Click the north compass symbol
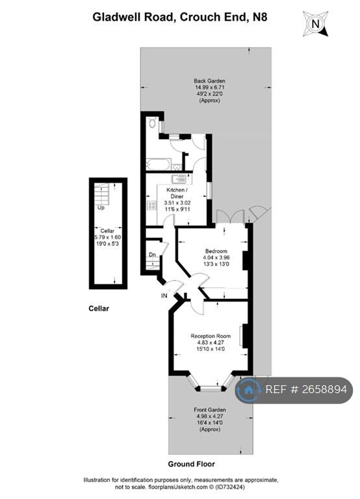[x=316, y=24]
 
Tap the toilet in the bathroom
[x=152, y=122]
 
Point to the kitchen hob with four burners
[x=152, y=205]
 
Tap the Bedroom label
[x=216, y=251]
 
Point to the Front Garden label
[x=209, y=410]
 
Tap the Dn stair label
[x=152, y=255]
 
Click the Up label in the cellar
[x=101, y=208]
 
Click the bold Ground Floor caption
[x=192, y=464]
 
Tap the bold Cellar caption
[x=99, y=309]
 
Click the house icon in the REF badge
[x=248, y=390]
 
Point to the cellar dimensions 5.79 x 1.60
[x=107, y=237]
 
